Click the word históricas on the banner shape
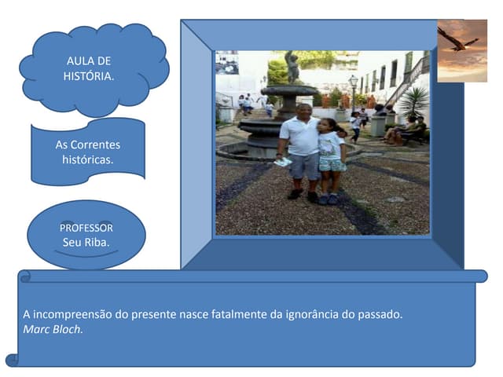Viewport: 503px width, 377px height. (88, 159)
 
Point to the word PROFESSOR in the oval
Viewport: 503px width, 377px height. (86, 228)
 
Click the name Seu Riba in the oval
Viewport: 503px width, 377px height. (86, 241)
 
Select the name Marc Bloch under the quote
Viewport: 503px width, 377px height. (53, 329)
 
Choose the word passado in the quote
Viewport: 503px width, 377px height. (380, 314)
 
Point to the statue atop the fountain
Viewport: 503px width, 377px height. (292, 67)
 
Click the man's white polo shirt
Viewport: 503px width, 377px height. (300, 135)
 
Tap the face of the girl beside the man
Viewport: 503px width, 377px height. (327, 126)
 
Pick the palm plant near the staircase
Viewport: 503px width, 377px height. (413, 101)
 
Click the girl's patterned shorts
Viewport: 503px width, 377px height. (332, 164)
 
